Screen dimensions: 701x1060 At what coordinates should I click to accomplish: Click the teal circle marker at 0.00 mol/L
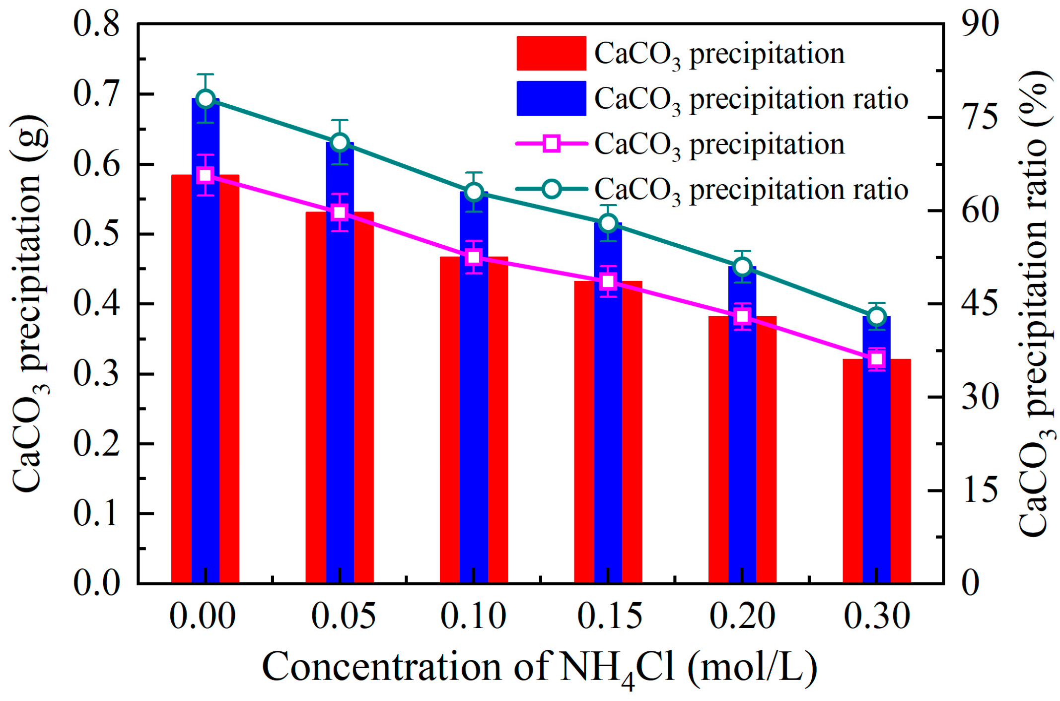206,99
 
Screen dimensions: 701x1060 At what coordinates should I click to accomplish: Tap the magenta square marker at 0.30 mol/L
877,359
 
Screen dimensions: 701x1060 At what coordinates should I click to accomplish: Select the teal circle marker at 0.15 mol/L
608,223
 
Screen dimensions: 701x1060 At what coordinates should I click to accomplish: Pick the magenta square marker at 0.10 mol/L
474,257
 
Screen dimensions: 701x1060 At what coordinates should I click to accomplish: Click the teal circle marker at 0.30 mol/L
877,317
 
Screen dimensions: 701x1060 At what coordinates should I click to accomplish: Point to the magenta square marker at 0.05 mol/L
340,212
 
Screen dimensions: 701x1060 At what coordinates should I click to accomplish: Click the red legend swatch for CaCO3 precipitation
551,53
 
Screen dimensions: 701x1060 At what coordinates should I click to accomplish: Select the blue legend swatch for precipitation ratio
551,98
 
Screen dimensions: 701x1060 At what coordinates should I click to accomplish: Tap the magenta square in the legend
552,144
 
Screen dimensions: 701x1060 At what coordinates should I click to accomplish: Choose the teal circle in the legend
552,189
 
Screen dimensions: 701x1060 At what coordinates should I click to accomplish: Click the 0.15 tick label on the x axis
609,616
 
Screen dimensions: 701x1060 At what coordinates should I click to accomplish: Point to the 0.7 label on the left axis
96,94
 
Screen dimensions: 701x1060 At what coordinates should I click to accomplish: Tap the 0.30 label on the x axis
877,616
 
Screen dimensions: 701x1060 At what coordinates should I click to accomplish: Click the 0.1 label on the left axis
96,513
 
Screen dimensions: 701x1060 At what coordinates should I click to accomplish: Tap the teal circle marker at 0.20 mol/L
743,267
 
